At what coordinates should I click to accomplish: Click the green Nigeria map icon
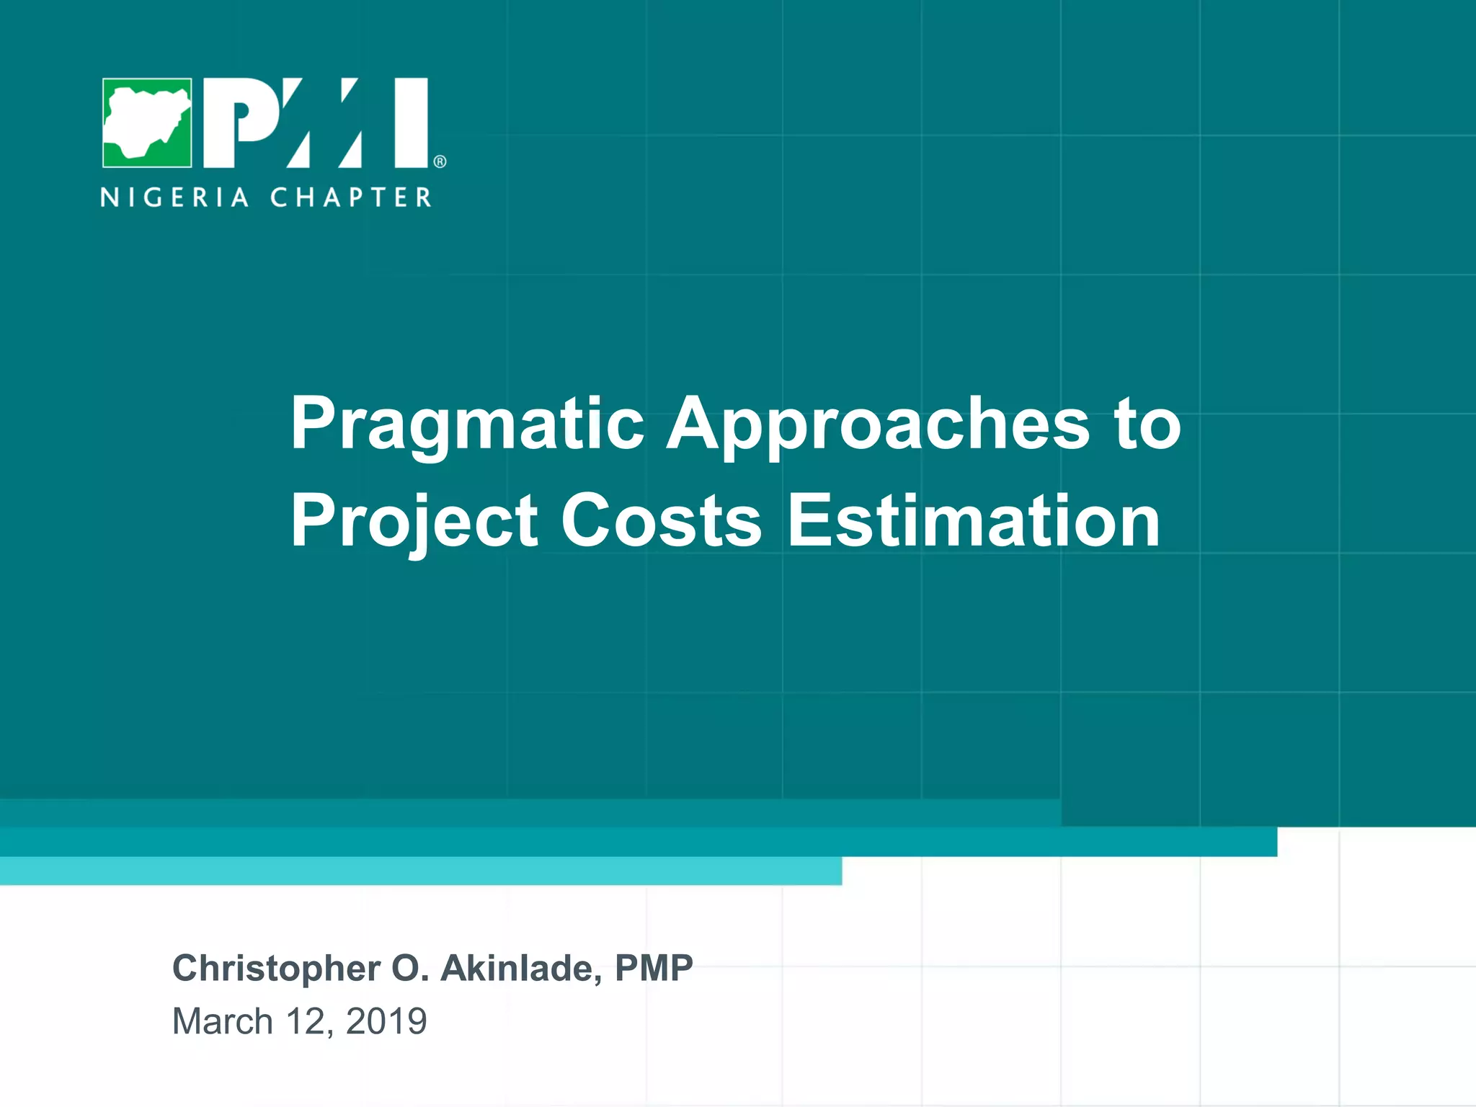tap(147, 123)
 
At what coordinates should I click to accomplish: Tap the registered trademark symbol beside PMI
tap(440, 161)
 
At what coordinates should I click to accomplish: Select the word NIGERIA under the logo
tap(175, 197)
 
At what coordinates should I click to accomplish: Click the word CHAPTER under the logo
tap(351, 197)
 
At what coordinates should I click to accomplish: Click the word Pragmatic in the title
tap(467, 425)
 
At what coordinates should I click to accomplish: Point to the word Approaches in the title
tap(878, 425)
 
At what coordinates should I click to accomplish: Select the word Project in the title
tap(414, 522)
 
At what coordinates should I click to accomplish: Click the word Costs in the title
tap(661, 520)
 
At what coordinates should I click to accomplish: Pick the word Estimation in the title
tap(973, 520)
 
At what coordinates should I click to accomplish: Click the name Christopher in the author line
tap(276, 969)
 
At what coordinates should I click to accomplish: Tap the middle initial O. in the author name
tap(410, 968)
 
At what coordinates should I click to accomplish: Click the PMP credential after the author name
tap(654, 968)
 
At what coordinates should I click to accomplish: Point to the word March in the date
tap(222, 1021)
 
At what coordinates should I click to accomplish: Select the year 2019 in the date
tap(386, 1021)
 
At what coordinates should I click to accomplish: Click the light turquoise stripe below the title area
tap(421, 871)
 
